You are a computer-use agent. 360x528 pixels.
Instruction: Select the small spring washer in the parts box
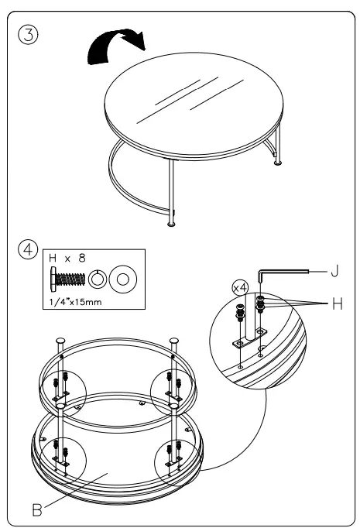[x=98, y=279]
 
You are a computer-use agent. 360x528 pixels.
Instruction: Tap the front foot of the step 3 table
[x=170, y=225]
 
